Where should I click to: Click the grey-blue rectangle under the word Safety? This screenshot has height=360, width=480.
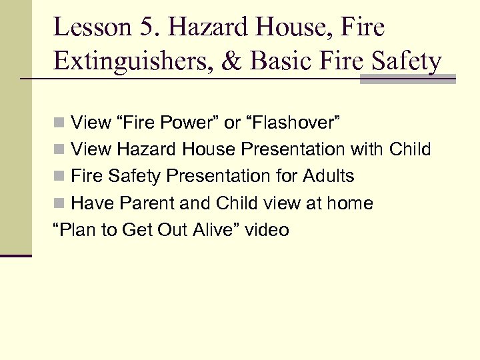coord(407,79)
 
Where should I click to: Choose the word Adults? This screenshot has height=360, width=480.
coord(328,177)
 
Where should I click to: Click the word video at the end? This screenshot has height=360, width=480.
coord(267,231)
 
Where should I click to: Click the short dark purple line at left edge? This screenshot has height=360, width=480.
coord(15,255)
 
